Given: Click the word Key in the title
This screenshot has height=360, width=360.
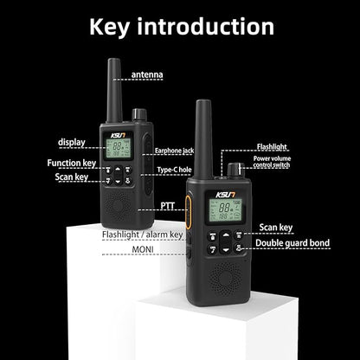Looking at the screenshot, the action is [x=110, y=28].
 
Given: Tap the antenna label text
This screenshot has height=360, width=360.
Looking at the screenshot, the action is [x=147, y=74].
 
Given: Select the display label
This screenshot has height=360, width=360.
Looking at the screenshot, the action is [x=72, y=143].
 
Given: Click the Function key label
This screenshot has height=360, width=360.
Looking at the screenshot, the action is [x=72, y=163].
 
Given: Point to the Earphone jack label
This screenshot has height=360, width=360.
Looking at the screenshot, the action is [x=174, y=151].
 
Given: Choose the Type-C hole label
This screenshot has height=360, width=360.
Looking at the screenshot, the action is [x=174, y=170].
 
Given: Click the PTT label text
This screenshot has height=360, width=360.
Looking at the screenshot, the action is [x=168, y=206].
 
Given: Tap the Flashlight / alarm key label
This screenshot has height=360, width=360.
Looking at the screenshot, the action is [x=143, y=235].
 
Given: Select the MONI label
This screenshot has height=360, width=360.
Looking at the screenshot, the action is [x=143, y=249].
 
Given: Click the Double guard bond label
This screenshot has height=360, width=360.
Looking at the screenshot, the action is [x=292, y=243].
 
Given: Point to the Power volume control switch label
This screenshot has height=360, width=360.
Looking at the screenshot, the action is [x=272, y=162].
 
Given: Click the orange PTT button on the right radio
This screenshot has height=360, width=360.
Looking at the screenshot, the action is [x=188, y=213].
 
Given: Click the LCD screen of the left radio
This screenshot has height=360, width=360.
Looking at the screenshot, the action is [x=118, y=148].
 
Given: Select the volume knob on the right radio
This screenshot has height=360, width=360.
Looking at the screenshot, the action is [x=235, y=170].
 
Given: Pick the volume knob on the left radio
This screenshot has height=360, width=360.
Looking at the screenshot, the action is [x=139, y=115].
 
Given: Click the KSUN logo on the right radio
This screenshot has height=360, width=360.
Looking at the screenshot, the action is [x=225, y=195].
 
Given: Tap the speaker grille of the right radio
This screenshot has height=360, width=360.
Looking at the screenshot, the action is [x=226, y=278].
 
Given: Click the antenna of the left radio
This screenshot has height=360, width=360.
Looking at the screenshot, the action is [x=114, y=90].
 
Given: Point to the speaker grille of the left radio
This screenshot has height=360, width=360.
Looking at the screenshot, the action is [x=118, y=204].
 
